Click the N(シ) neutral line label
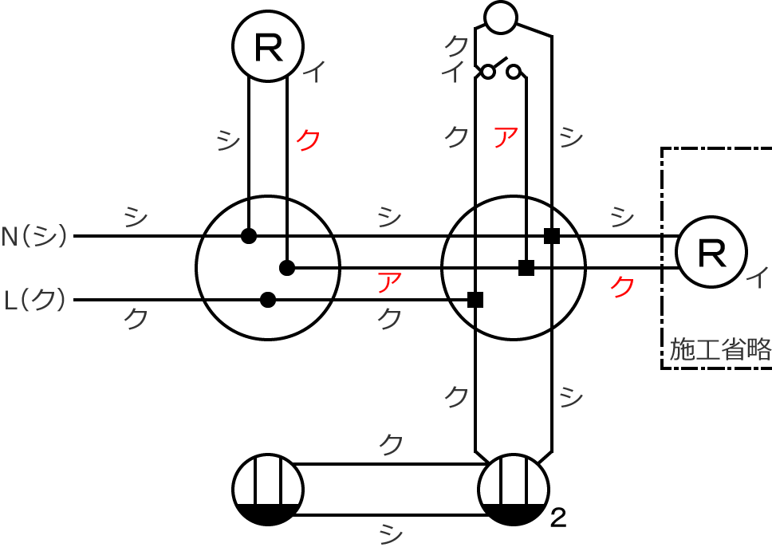tap(33, 236)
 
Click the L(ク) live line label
tap(34, 299)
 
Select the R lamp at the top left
tap(268, 45)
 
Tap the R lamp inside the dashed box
tap(711, 252)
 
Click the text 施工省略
tap(720, 349)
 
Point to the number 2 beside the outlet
tap(557, 518)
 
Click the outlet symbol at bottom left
tap(268, 490)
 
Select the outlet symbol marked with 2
tap(514, 490)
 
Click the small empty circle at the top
tap(501, 18)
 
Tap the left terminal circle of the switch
tap(487, 72)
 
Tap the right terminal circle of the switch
tap(514, 72)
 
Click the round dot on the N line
tap(249, 236)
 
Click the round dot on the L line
tap(268, 299)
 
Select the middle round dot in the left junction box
tap(287, 268)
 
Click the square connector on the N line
tap(552, 236)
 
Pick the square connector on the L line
tap(475, 299)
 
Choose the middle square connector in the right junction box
tap(526, 268)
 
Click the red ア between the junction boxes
tap(389, 282)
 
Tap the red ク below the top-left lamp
tap(308, 140)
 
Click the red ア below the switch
tap(506, 137)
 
